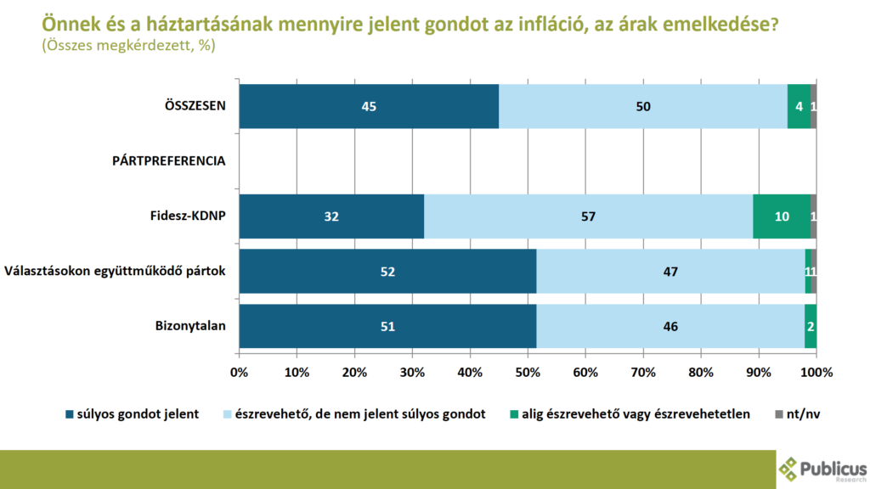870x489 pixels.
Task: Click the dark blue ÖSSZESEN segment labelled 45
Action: coord(369,107)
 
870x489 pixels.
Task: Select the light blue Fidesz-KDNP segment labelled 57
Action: coord(589,216)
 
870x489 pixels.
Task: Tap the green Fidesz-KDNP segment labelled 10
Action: coord(782,216)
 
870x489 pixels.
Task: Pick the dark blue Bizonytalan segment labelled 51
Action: coord(387,326)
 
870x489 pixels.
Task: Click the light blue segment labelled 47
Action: coord(670,272)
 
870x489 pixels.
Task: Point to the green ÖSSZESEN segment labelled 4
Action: coord(799,107)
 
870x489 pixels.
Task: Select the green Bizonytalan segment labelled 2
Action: coord(811,326)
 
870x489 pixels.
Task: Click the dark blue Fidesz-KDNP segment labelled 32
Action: coord(331,216)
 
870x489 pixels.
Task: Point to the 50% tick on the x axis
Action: coord(528,372)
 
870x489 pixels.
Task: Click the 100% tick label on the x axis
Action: coord(816,372)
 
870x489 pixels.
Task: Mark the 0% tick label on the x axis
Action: coord(239,372)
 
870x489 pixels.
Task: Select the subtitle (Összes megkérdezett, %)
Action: coord(127,47)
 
